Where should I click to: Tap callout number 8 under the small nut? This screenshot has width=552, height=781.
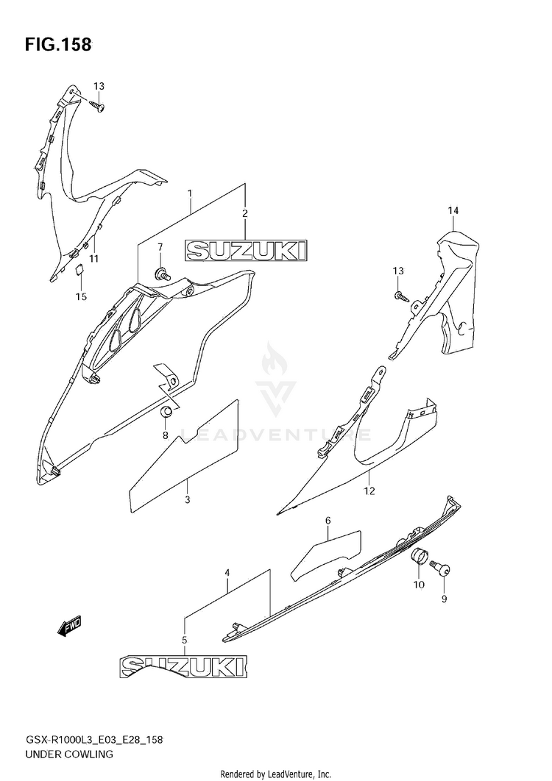pos(166,435)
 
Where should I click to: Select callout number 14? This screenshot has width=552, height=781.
pos(453,211)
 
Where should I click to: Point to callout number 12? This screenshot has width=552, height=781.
pos(369,490)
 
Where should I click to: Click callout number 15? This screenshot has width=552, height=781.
pos(81,296)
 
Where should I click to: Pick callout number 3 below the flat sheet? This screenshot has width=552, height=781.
pos(188,500)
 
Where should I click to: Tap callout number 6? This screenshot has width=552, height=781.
pos(328,521)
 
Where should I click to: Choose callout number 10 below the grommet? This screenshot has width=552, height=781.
pos(419,585)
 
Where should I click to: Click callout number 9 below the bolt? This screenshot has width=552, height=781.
pos(445,599)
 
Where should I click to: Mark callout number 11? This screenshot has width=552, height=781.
pos(94,259)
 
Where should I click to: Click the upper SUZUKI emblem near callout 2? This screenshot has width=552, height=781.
pos(245,252)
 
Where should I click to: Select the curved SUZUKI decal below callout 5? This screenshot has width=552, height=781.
pos(182,667)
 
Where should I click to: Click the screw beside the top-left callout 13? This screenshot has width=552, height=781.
pos(98,107)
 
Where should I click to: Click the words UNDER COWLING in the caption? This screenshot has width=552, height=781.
pos(71,755)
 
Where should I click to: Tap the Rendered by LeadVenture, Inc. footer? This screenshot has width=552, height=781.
pos(275,774)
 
